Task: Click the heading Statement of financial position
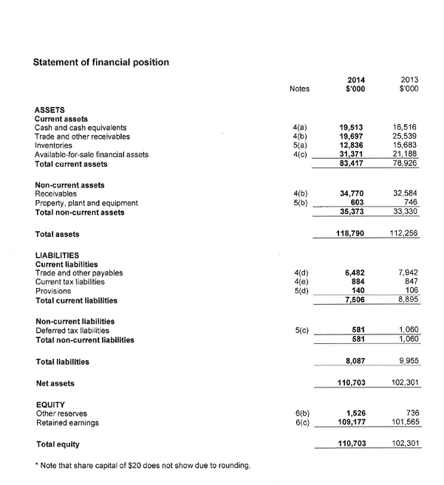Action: pos(101,62)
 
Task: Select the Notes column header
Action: pos(300,89)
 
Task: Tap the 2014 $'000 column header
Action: pos(358,84)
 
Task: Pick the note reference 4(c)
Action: pos(301,154)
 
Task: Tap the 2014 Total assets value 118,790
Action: pos(352,234)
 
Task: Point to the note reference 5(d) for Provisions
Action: pos(301,291)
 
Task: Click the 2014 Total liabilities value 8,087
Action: pos(357,361)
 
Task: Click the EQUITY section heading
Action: pos(51,405)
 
